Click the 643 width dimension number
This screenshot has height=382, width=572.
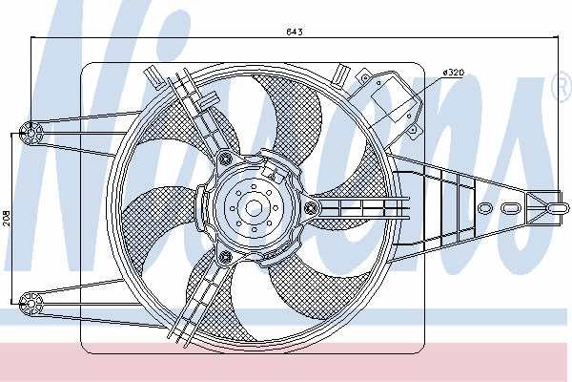pyautogui.click(x=294, y=32)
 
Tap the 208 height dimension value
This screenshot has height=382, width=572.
pyautogui.click(x=8, y=219)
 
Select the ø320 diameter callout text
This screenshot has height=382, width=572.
pyautogui.click(x=453, y=73)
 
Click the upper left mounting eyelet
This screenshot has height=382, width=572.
pyautogui.click(x=31, y=133)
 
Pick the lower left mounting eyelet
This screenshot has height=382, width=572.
pyautogui.click(x=31, y=304)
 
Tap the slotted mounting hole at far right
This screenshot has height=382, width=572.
pyautogui.click(x=558, y=208)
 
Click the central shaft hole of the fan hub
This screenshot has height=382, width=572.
pyautogui.click(x=254, y=208)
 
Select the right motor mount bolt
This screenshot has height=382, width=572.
pyautogui.click(x=312, y=208)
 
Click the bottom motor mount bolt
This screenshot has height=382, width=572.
pyautogui.click(x=226, y=257)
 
